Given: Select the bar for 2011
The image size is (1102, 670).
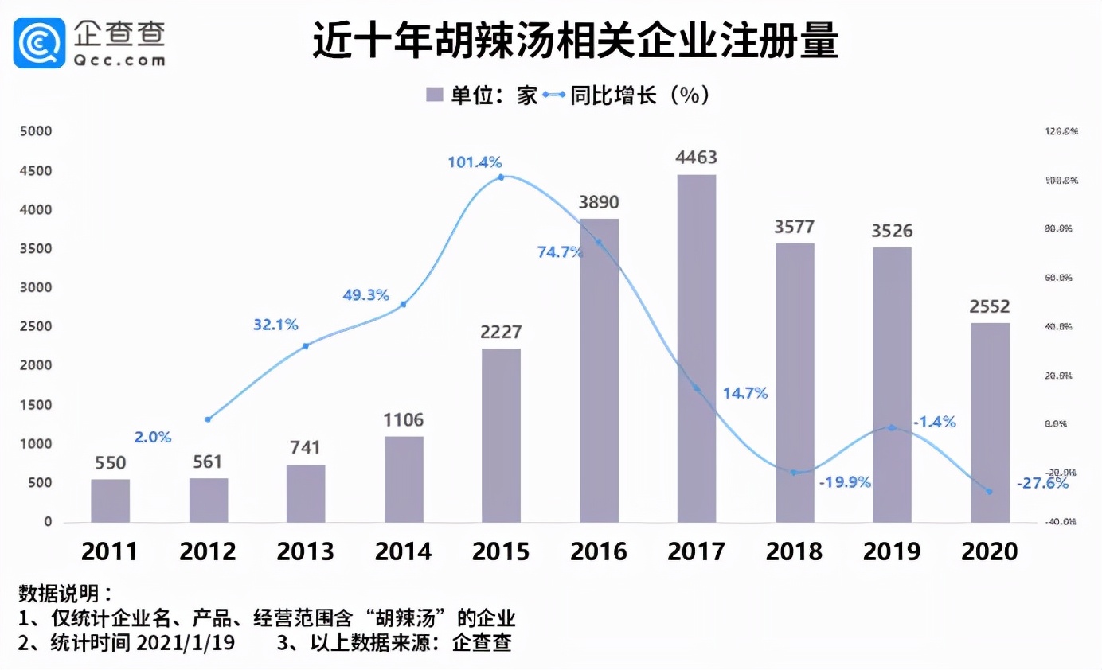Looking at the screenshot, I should pyautogui.click(x=110, y=501).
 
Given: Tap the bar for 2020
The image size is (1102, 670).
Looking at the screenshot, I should pyautogui.click(x=990, y=422).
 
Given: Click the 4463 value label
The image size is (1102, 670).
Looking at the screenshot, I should pyautogui.click(x=696, y=158).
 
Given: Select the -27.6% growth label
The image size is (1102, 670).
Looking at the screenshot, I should pyautogui.click(x=1041, y=482).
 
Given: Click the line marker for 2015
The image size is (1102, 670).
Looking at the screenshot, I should pyautogui.click(x=501, y=177).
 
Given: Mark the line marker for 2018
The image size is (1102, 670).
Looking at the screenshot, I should pyautogui.click(x=794, y=473).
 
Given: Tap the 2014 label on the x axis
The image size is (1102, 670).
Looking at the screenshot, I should pyautogui.click(x=403, y=551).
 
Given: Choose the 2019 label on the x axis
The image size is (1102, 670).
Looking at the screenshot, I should pyautogui.click(x=892, y=551).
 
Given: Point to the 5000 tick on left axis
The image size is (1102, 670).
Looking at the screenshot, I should pyautogui.click(x=36, y=131).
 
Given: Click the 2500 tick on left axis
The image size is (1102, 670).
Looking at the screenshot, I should pyautogui.click(x=36, y=326).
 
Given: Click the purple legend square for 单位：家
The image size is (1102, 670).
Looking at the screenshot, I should pyautogui.click(x=435, y=95).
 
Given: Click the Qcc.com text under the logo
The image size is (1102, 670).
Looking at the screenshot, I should pyautogui.click(x=119, y=60).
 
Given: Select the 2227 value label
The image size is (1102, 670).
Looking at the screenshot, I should pyautogui.click(x=501, y=332).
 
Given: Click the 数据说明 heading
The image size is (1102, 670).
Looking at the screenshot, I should pyautogui.click(x=65, y=593).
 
